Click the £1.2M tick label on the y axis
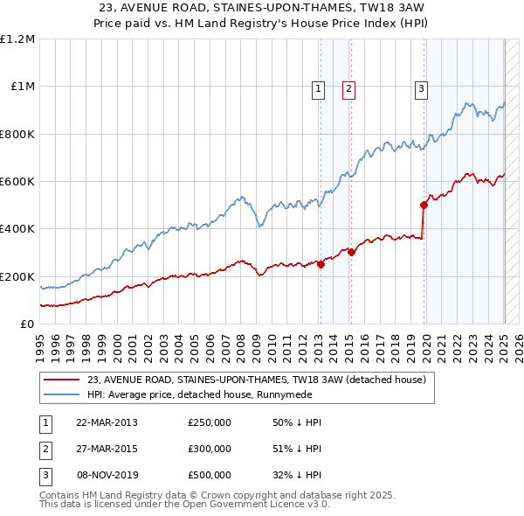click(x=17, y=39)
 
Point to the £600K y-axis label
click(x=17, y=182)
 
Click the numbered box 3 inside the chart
click(x=421, y=87)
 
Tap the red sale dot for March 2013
click(x=321, y=265)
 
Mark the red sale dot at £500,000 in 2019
click(x=424, y=206)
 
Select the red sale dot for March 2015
click(x=351, y=253)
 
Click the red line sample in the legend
click(x=61, y=380)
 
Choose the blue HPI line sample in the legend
click(x=61, y=394)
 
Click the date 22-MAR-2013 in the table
click(x=107, y=422)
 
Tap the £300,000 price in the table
click(x=210, y=449)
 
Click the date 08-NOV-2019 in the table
click(x=107, y=475)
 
